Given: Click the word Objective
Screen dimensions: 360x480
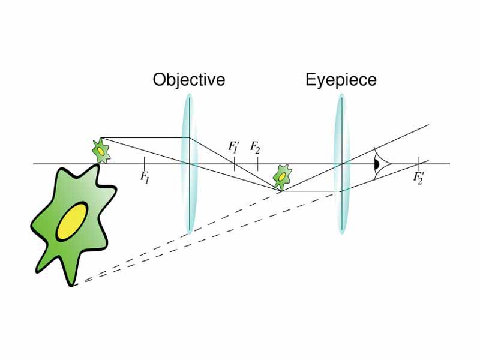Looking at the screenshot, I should (x=188, y=80).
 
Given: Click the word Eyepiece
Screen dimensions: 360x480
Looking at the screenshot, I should (x=341, y=80).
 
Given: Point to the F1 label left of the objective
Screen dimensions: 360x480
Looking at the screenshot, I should (x=145, y=176).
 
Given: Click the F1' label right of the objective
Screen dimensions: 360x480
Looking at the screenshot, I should (x=233, y=147).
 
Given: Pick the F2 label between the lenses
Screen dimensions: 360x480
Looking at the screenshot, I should (x=255, y=147).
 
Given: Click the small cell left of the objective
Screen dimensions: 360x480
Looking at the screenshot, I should (x=100, y=151).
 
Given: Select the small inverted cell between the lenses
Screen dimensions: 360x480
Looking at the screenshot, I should (x=281, y=177).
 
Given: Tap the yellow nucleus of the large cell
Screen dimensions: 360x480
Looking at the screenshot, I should (x=71, y=221).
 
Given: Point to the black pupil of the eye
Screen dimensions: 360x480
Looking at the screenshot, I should (x=377, y=163).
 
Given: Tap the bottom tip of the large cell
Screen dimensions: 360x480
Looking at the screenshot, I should (x=75, y=284).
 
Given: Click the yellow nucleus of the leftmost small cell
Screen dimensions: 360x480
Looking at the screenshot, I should (x=101, y=153).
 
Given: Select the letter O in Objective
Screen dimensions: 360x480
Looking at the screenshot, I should (x=158, y=80).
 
